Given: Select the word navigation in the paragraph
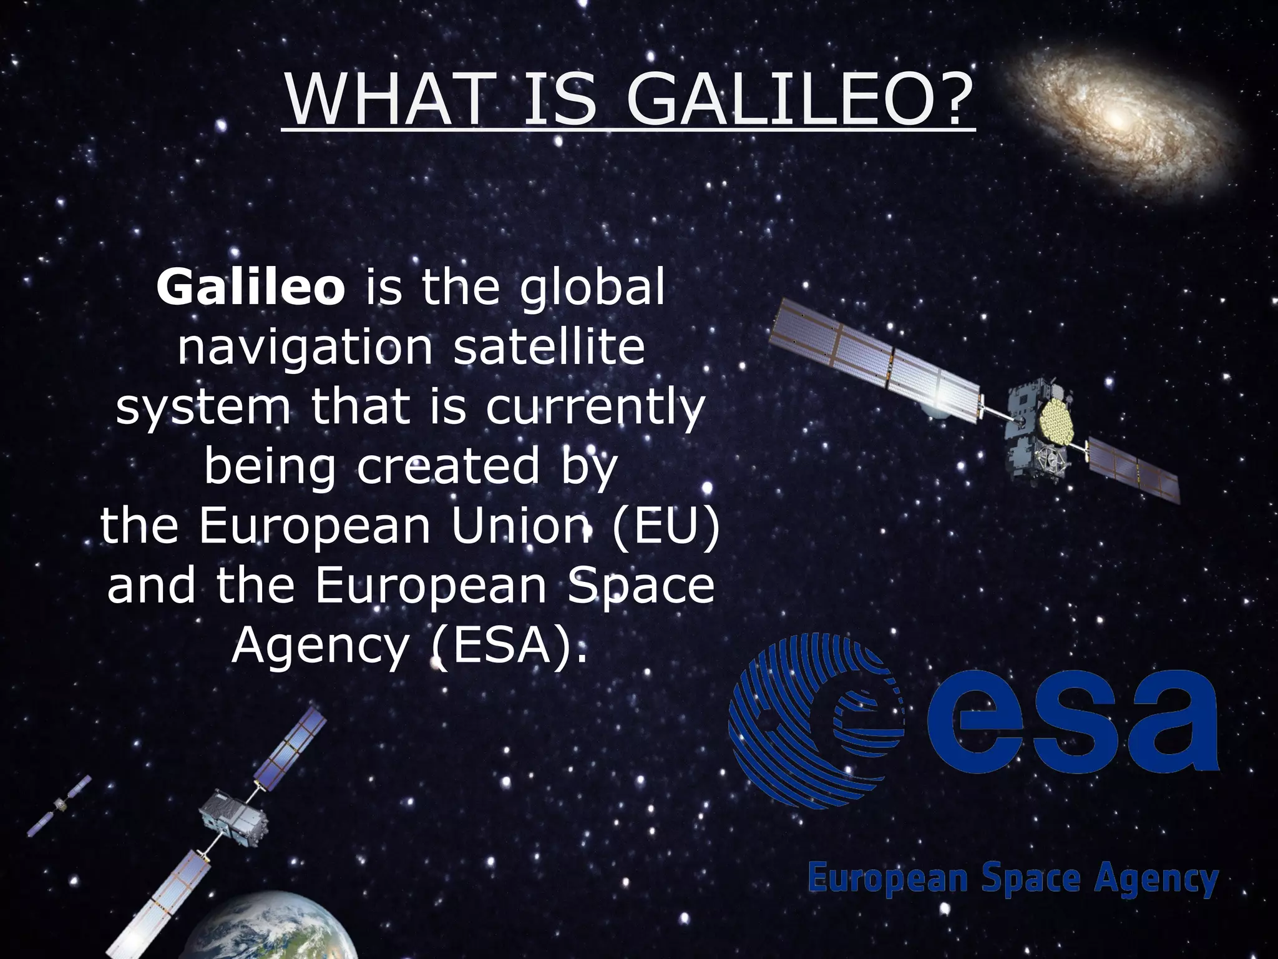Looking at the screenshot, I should tap(305, 348).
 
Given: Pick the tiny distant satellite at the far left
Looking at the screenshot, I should tap(60, 805).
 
